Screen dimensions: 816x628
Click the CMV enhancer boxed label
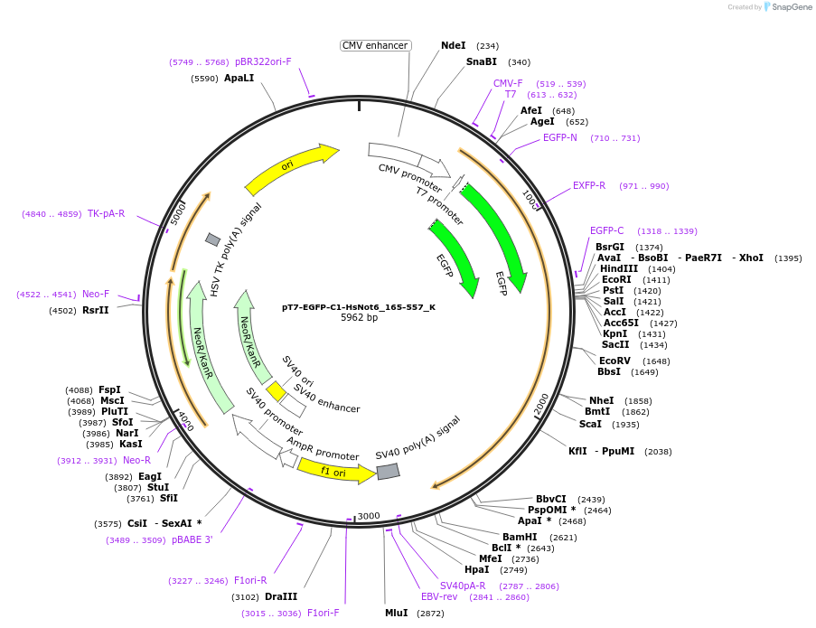[x=376, y=45]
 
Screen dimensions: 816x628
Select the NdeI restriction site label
[x=453, y=45]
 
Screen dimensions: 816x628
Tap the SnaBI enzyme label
[x=481, y=62]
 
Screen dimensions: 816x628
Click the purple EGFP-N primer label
[x=559, y=138]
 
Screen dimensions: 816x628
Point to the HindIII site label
[x=618, y=268]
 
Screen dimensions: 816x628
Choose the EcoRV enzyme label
[x=614, y=361]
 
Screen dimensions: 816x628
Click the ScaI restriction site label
[x=590, y=424]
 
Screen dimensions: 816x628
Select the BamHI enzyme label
[x=520, y=537]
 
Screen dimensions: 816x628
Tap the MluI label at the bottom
[x=396, y=613]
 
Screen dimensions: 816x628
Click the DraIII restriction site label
[x=281, y=596]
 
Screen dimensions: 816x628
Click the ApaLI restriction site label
[x=239, y=79]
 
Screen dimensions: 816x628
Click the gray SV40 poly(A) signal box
[x=389, y=471]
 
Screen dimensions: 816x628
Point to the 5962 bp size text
[x=359, y=318]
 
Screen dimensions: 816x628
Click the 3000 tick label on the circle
[x=369, y=516]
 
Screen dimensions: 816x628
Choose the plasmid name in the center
[x=359, y=306]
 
